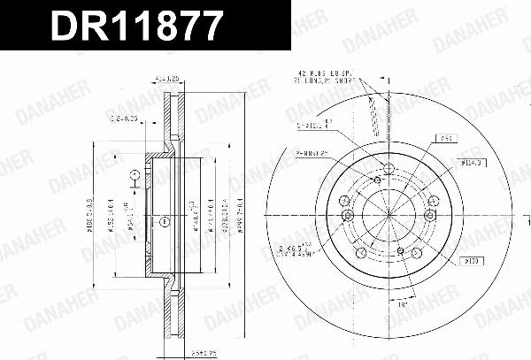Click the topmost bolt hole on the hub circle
pos(389,170)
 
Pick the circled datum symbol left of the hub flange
pos(134,176)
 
